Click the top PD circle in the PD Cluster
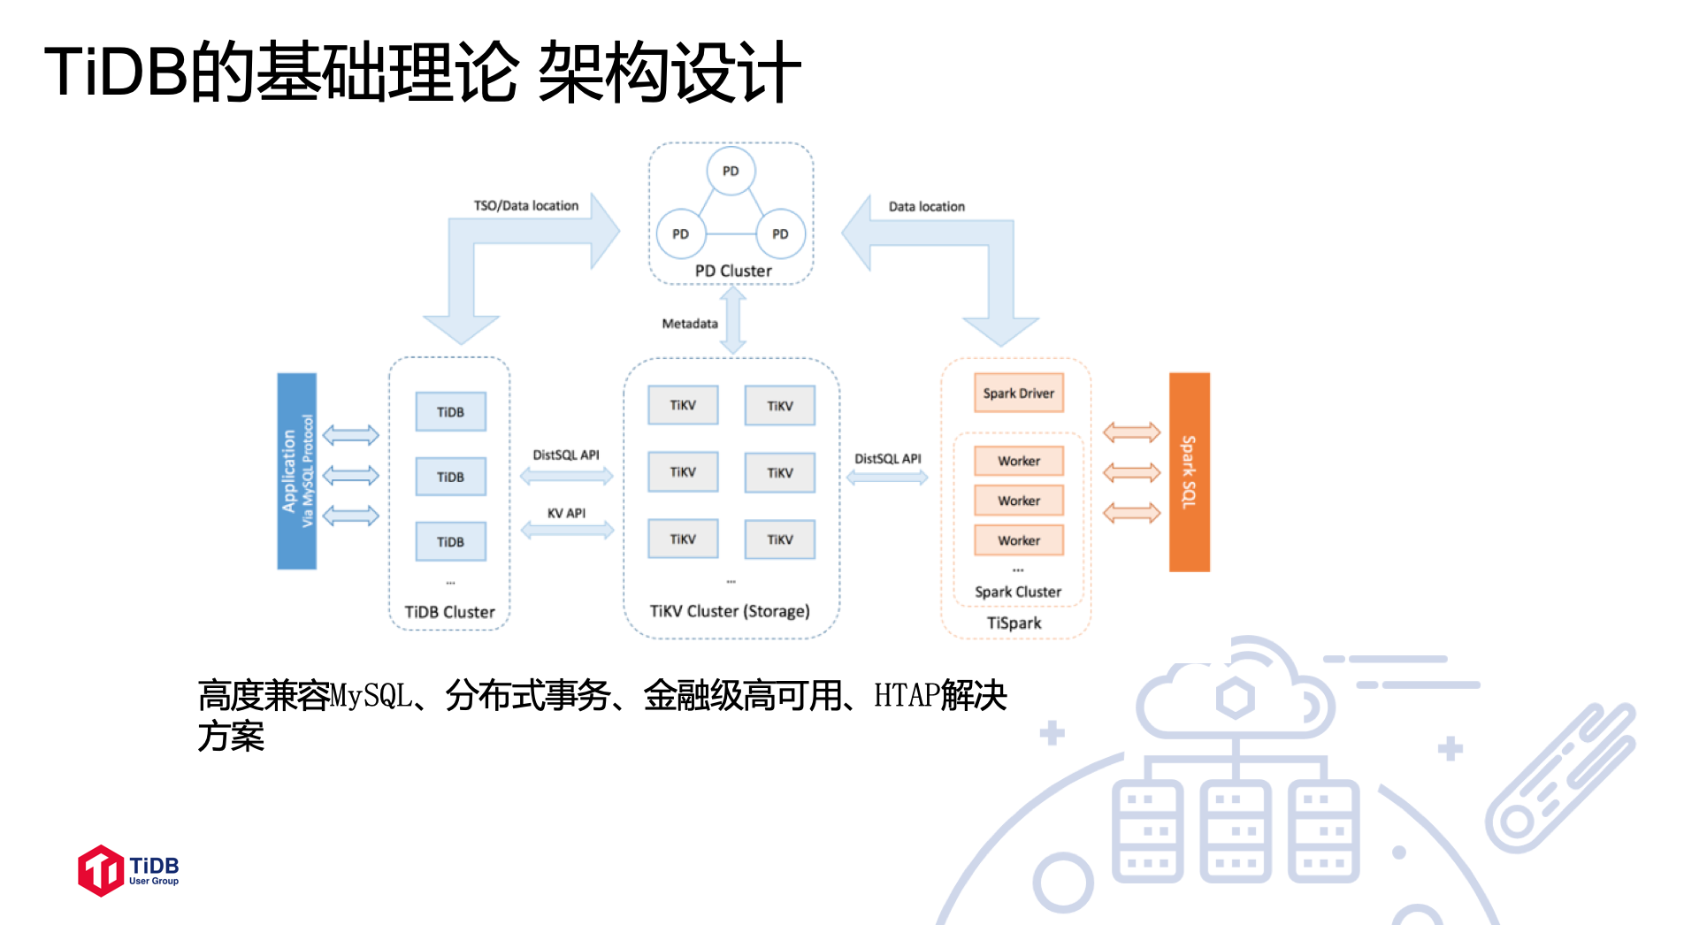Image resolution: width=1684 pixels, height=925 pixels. [731, 171]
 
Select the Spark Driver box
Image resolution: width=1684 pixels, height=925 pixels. [1018, 394]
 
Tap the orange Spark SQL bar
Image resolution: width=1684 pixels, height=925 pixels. [1189, 472]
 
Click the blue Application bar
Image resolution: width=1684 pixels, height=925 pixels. [296, 471]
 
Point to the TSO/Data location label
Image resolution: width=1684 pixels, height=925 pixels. [526, 206]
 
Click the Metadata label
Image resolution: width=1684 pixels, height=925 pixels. [690, 324]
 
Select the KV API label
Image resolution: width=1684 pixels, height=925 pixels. [566, 513]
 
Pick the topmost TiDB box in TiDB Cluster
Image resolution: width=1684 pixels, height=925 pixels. [450, 412]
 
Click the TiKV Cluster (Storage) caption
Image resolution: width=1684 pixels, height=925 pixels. [730, 611]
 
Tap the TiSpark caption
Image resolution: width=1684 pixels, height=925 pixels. [1014, 623]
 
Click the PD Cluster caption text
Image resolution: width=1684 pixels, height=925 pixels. [733, 271]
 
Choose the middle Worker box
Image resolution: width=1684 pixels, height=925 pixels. [1018, 501]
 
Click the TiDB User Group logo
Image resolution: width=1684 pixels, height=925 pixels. [128, 870]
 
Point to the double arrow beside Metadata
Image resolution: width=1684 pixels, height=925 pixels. [733, 320]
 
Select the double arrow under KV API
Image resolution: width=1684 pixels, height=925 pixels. [567, 531]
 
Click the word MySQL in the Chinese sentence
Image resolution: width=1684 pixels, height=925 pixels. [371, 696]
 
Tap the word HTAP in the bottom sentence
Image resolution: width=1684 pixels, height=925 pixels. [906, 696]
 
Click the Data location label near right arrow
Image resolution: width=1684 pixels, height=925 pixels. [926, 207]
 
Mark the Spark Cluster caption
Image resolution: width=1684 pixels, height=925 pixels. [1017, 592]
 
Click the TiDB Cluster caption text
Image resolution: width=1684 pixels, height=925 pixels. [449, 612]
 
